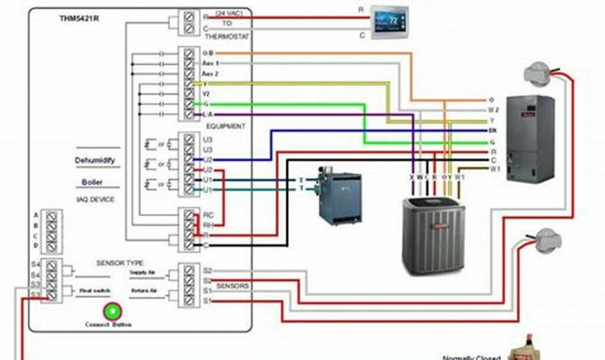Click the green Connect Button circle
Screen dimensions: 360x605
coord(110,310)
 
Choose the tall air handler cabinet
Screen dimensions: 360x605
coord(530,138)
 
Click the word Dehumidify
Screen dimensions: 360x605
coord(95,160)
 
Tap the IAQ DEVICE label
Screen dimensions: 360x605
coord(95,200)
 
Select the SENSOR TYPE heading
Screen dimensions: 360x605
coord(120,262)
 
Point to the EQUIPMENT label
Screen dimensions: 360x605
coord(226,126)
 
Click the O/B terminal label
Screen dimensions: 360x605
coord(208,53)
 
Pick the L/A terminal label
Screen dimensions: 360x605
coord(208,114)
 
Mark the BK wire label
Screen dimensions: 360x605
coord(493,130)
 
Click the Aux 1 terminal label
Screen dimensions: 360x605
coord(210,63)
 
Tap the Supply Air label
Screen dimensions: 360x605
coord(142,273)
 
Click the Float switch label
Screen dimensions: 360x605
coord(92,291)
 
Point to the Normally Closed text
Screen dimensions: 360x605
coord(471,357)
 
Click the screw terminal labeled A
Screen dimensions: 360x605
coord(52,216)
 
